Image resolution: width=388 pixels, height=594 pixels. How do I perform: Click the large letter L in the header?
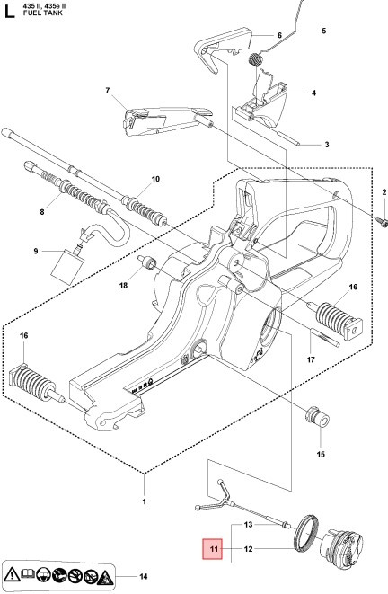pos(9,12)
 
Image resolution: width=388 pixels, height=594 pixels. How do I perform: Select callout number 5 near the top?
pos(323,31)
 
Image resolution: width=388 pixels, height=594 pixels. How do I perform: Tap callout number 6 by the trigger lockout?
pos(279,35)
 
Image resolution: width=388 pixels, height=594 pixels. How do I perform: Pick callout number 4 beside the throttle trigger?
pos(313,93)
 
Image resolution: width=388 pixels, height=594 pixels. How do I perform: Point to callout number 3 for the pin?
pos(326,144)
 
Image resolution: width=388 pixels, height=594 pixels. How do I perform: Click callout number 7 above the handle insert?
pos(107,91)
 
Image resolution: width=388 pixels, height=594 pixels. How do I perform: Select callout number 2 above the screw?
pos(384,192)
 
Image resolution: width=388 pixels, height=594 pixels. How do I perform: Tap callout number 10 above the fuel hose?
pos(155,180)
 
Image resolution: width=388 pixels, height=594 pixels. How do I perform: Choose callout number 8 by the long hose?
pos(41,212)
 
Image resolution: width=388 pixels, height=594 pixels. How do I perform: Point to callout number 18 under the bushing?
pos(124,286)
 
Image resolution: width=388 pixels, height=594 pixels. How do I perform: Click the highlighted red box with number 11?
pos(214,548)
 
